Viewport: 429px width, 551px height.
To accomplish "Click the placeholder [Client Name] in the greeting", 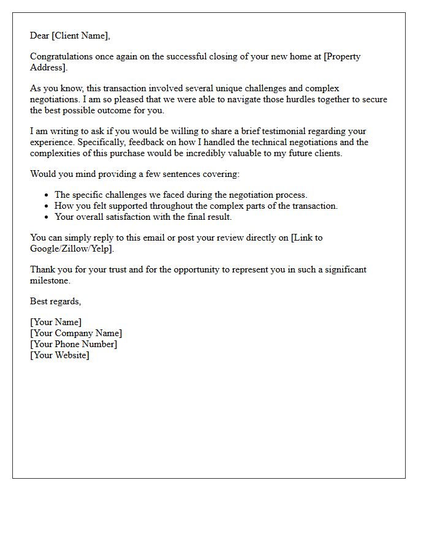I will [x=81, y=36].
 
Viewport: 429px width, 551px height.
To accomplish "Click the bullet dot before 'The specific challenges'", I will [x=47, y=195].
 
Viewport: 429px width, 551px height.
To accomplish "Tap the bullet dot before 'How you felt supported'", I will [x=47, y=206].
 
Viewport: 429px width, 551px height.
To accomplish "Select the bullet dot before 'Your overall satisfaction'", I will [x=47, y=217].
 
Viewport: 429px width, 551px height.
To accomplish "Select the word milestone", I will [x=50, y=280].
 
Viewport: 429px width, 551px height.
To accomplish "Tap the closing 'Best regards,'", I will [x=56, y=301].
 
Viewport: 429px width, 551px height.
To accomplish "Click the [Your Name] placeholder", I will [x=56, y=322].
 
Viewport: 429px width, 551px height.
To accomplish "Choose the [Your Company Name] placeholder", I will [x=76, y=333].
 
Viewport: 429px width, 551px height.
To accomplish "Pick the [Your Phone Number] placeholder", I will [x=74, y=344].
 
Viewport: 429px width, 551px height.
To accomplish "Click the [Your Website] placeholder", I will [x=59, y=355].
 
